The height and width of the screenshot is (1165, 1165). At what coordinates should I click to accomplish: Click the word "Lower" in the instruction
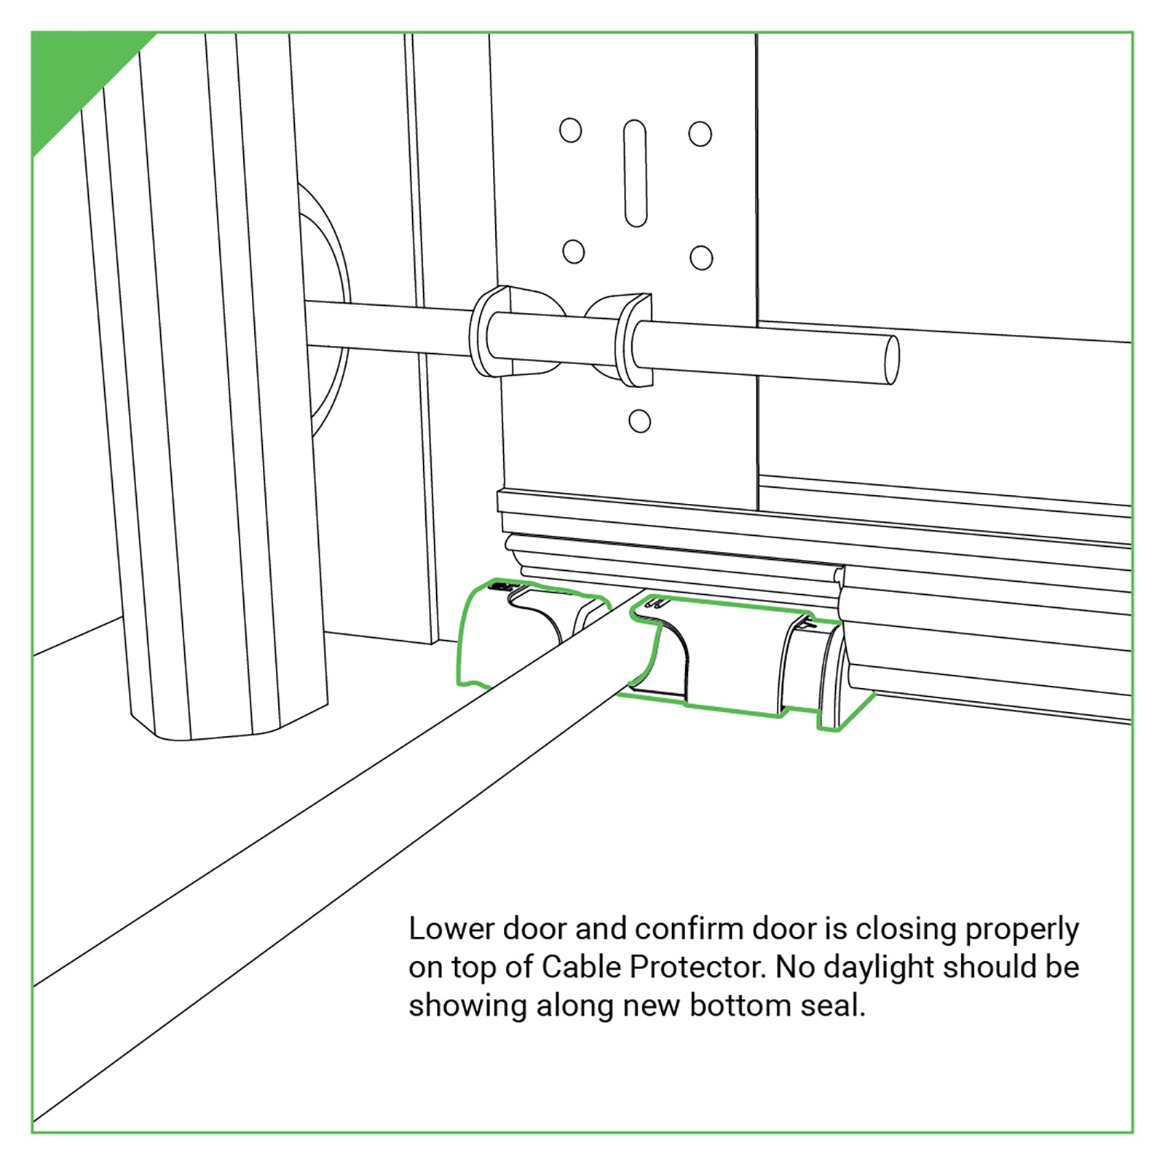tap(451, 930)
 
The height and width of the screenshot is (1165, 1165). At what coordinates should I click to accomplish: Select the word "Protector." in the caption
tap(698, 968)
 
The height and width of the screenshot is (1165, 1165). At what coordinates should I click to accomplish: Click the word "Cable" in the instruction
tap(582, 968)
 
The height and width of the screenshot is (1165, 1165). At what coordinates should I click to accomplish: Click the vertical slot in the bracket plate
tap(635, 174)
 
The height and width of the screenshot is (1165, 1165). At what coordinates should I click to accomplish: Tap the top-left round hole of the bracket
tap(571, 131)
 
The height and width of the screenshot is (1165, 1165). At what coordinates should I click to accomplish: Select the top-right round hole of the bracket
tap(700, 134)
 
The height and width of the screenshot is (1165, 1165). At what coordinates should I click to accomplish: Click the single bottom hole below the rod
tap(639, 421)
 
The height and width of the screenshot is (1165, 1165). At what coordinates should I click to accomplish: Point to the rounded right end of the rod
tap(890, 359)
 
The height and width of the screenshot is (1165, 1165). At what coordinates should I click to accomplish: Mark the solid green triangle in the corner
tap(73, 74)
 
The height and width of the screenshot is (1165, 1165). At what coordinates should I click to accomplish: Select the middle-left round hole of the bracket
tap(574, 252)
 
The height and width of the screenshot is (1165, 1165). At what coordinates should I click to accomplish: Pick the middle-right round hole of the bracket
tap(701, 258)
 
